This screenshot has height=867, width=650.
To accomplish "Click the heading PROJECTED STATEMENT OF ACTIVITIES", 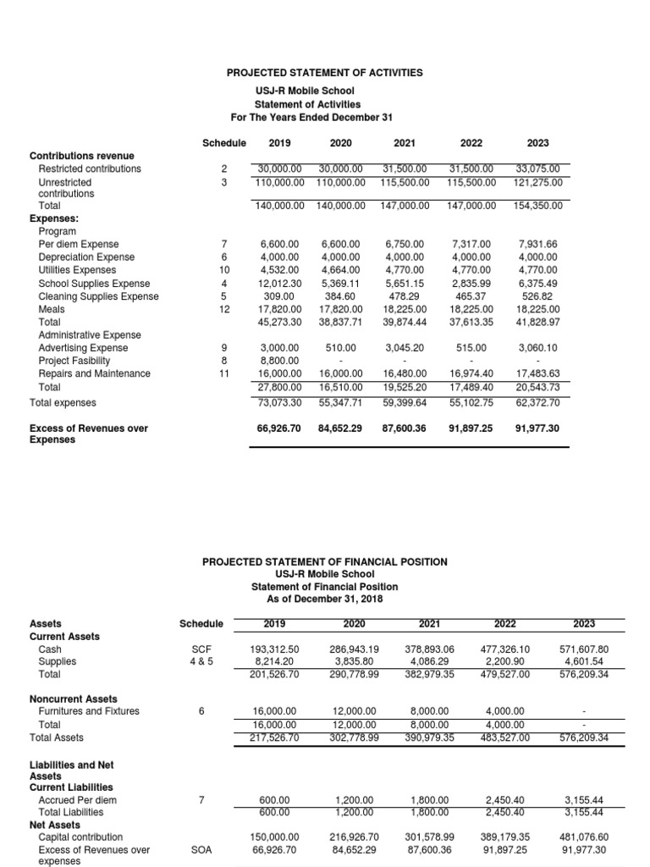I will click(325, 73).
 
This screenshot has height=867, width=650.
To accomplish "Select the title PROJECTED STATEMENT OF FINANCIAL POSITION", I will click(325, 561).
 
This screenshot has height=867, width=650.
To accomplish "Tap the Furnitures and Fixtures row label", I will click(90, 711).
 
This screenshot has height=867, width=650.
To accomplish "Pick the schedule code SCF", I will click(201, 649).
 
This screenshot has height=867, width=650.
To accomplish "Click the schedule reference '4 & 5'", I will click(201, 662).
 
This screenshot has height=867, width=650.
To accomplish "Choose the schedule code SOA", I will click(201, 849).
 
